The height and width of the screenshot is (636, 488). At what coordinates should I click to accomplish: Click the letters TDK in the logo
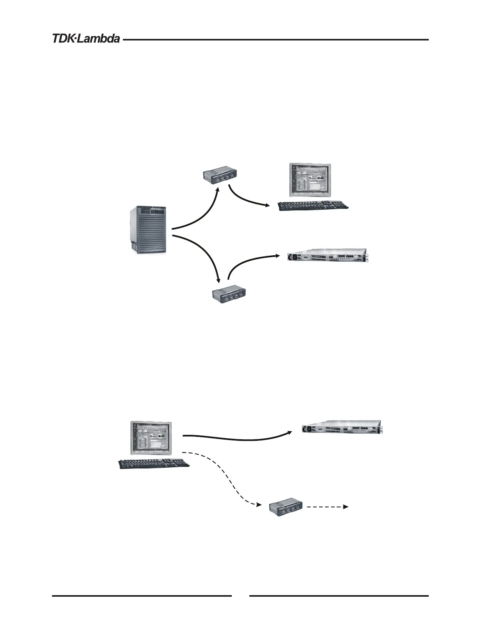click(x=63, y=39)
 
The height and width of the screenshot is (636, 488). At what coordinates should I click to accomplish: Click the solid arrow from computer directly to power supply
click(x=236, y=439)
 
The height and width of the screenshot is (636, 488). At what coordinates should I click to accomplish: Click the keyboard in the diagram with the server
click(x=313, y=206)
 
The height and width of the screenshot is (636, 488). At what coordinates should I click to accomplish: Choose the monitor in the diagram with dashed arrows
click(x=151, y=437)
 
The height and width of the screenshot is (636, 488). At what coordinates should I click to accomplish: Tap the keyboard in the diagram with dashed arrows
click(x=154, y=463)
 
